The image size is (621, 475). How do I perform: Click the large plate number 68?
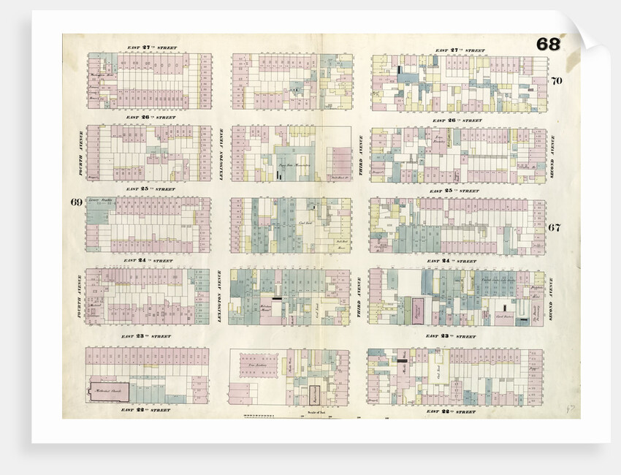[549, 44]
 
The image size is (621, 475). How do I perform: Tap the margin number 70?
[557, 80]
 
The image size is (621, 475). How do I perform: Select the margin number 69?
[76, 202]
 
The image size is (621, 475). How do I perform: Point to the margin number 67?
[555, 227]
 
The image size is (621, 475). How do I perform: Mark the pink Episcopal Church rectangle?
[416, 310]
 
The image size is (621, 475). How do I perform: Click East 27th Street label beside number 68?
[460, 50]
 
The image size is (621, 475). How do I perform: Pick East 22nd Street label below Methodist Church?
[151, 411]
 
